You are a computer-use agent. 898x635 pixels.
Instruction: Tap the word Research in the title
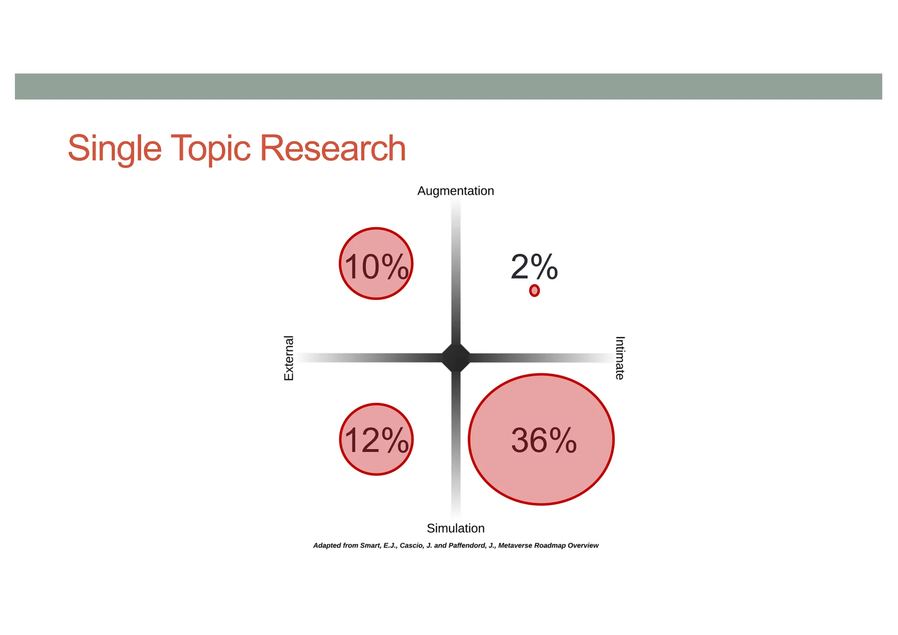click(x=333, y=148)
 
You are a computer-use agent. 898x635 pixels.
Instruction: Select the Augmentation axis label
click(x=456, y=191)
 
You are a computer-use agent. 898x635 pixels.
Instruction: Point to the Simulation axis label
click(x=456, y=528)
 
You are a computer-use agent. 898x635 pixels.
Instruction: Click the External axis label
click(x=289, y=358)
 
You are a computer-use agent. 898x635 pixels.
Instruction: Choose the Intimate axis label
click(x=620, y=358)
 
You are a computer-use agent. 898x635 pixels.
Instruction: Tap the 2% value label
click(x=534, y=267)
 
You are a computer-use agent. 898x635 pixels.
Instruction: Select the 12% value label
click(x=376, y=440)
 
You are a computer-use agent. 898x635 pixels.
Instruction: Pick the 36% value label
click(x=544, y=440)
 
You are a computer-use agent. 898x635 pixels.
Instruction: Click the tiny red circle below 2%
click(x=534, y=290)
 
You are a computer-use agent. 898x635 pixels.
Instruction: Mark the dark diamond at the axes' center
click(x=456, y=358)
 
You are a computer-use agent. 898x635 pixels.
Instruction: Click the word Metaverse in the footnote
click(x=515, y=546)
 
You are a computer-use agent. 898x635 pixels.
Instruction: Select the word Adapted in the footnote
click(x=327, y=546)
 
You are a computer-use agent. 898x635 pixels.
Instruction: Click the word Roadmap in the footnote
click(x=550, y=546)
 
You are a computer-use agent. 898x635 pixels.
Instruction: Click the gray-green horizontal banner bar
click(x=449, y=86)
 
